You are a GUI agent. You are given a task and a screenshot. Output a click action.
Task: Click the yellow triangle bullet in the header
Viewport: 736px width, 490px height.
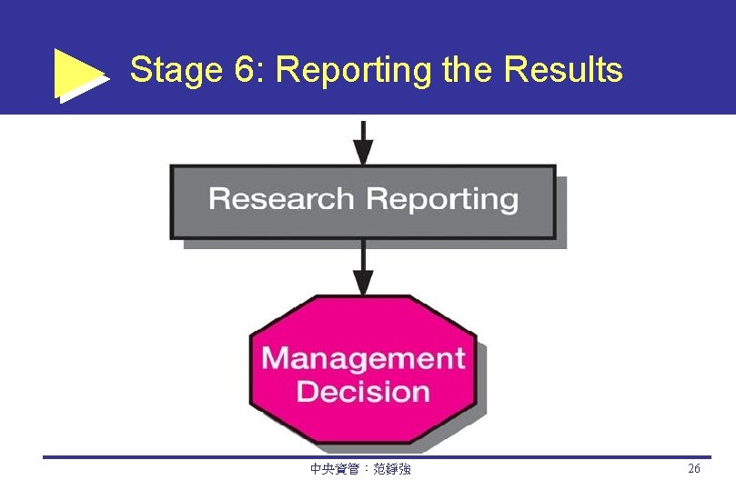coord(80,74)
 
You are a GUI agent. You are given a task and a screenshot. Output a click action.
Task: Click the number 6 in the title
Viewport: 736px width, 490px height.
coord(243,70)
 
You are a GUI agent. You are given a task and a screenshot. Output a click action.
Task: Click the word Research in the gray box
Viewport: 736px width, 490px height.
coord(280,199)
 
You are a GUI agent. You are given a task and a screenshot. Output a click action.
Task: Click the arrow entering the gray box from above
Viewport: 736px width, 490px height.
coord(363,143)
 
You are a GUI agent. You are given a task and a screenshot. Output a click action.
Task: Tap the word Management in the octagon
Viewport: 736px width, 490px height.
coord(363,358)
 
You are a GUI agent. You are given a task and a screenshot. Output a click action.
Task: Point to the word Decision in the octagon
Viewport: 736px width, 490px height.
coord(363,392)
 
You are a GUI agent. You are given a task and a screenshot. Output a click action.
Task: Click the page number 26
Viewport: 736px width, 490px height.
coord(694,469)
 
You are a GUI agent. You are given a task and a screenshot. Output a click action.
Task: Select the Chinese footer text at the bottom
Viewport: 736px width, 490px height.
coord(360,470)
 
